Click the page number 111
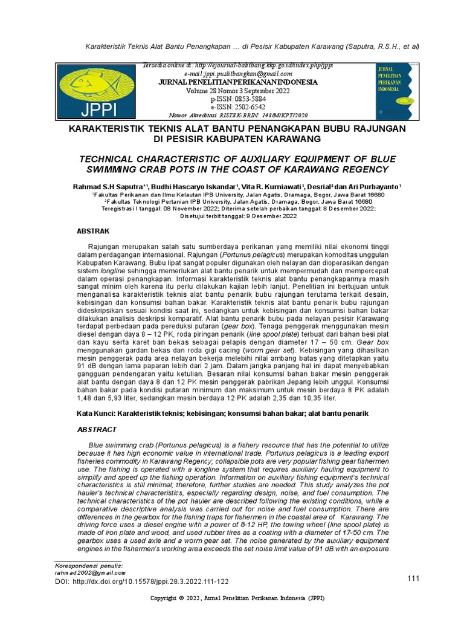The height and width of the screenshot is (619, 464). pos(413,579)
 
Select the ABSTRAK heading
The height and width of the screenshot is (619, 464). pos(92,231)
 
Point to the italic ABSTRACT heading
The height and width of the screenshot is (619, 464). pos(97,429)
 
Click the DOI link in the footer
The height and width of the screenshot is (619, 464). pos(141,582)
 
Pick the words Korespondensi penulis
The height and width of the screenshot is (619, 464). pos(88,565)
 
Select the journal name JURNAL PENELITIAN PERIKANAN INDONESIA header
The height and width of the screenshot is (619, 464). pos(229,82)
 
